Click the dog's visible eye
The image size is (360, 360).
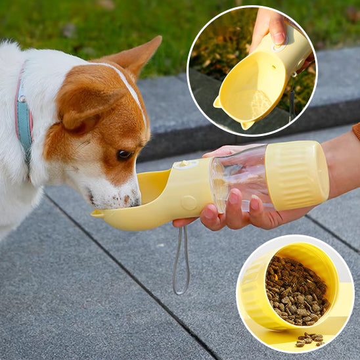[x=124, y=155]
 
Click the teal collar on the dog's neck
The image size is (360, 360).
[x=24, y=122]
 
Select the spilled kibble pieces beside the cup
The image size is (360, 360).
[x=309, y=340]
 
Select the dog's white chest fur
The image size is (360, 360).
[x=20, y=197]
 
